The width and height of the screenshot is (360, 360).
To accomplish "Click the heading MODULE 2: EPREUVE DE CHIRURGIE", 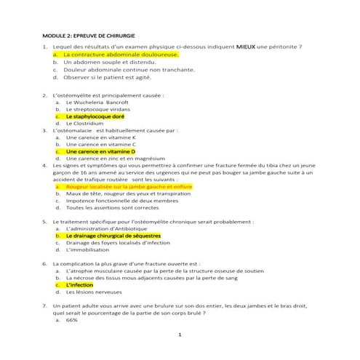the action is click(x=90, y=35).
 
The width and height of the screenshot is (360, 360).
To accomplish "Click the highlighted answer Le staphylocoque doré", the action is click(x=95, y=116).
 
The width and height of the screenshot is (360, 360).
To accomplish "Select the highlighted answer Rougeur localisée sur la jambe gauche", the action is click(x=129, y=186).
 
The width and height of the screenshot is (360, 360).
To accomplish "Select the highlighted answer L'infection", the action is click(x=84, y=285).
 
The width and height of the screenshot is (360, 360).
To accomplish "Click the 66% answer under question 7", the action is click(x=72, y=320).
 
